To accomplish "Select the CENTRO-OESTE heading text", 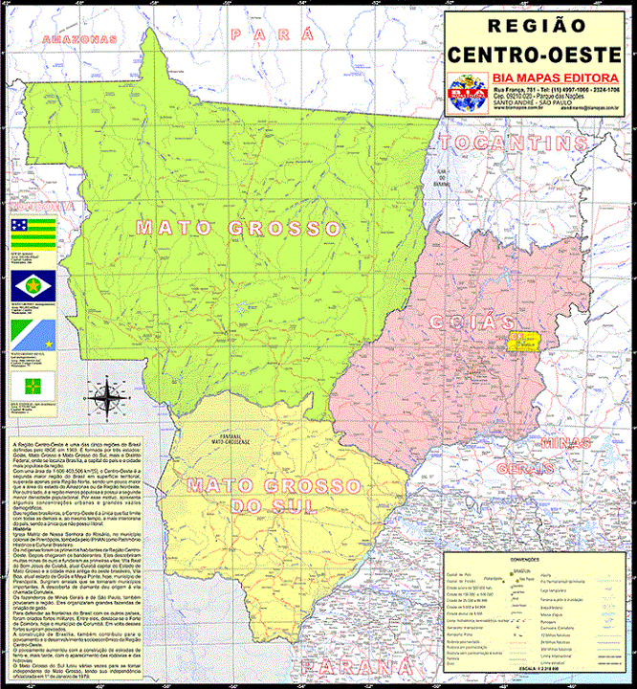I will click(x=537, y=53).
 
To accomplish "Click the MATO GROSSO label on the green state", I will click(x=238, y=228).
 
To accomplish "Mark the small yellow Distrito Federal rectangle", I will click(x=523, y=341).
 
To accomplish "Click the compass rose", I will click(x=106, y=396).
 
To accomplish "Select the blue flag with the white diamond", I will click(x=25, y=285).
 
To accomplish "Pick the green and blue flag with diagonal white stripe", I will click(x=25, y=334).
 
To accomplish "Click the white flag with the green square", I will click(x=25, y=385).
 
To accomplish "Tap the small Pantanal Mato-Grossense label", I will click(x=231, y=438).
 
